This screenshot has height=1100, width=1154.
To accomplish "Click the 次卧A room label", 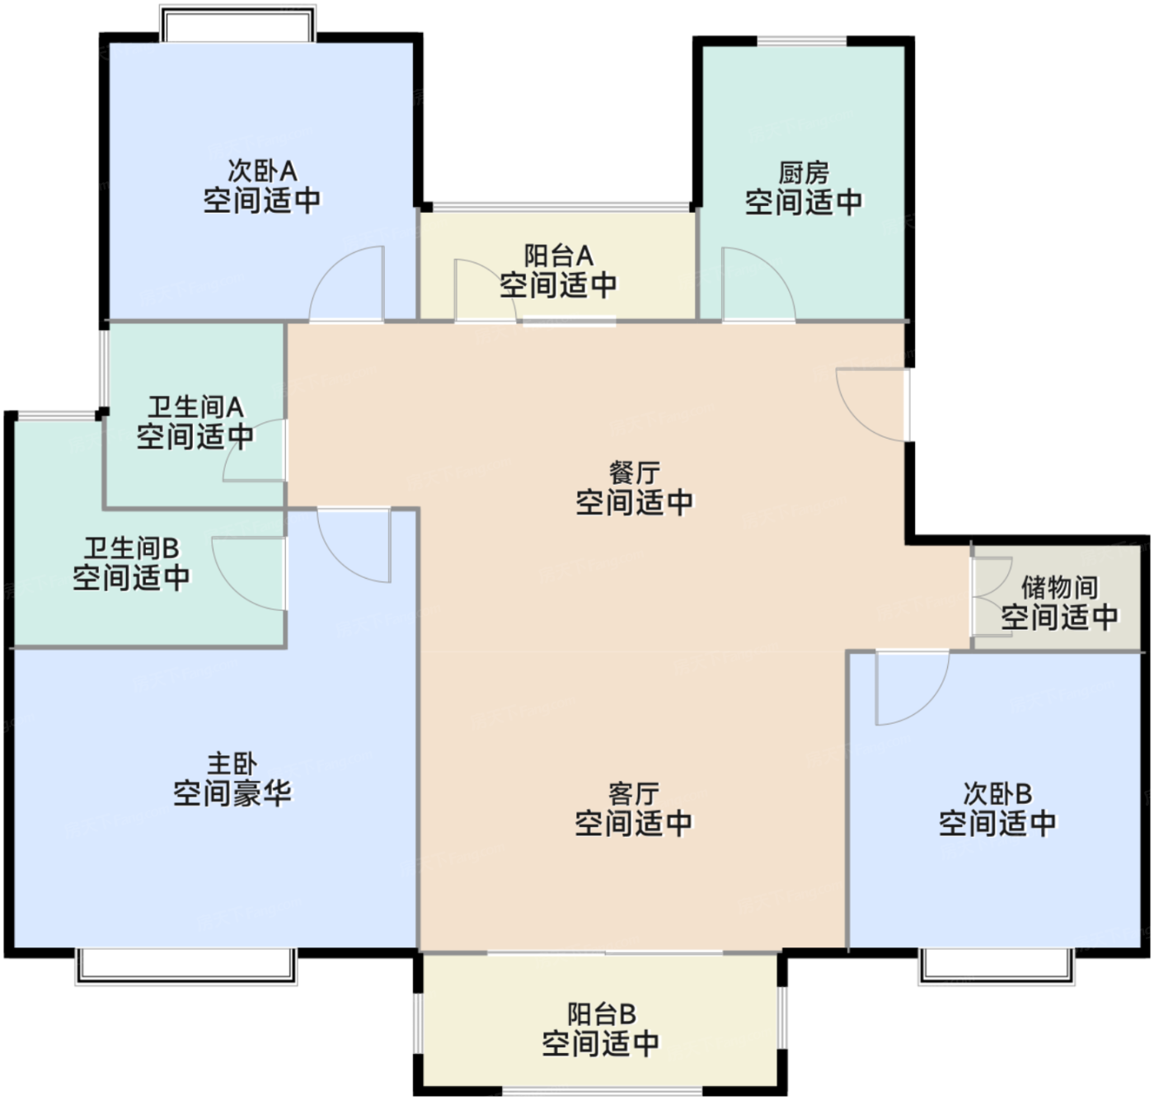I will point(262,172).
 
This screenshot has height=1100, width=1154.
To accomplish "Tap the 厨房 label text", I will point(804,173).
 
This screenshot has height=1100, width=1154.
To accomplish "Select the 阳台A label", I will point(559,256).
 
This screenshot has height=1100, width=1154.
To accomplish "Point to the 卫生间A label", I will point(195,407).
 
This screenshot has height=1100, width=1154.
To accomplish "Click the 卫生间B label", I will point(132,548).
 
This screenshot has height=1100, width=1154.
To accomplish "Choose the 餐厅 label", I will point(634,473).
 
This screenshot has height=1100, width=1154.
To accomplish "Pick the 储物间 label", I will point(1059,587).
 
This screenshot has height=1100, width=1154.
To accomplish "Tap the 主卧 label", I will point(232,764).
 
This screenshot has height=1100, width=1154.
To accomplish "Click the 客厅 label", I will point(633,793).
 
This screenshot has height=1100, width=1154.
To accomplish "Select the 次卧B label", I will point(997,793).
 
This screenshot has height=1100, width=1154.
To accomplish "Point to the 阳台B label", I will point(601,1013).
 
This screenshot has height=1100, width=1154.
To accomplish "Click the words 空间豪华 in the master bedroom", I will point(232,793).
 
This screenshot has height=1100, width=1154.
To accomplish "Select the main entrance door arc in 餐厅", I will point(870,403).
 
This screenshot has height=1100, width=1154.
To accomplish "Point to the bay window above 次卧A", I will point(237,25).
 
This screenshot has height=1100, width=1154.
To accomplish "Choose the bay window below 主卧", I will point(185,966).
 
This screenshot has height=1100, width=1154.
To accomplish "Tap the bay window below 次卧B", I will point(997,966).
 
